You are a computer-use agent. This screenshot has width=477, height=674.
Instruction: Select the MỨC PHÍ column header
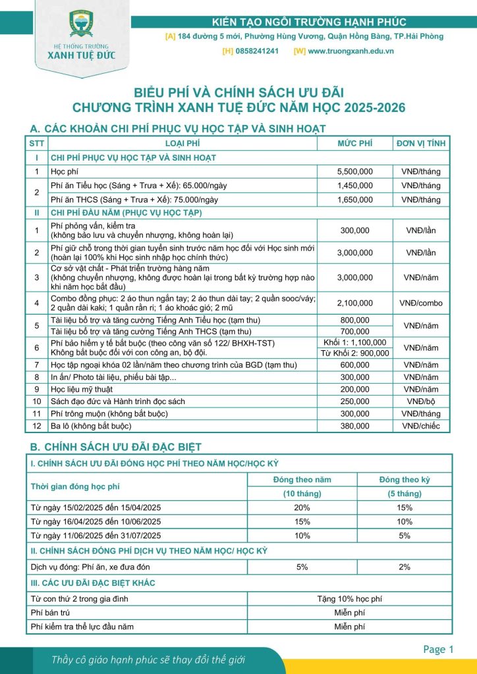point(355,143)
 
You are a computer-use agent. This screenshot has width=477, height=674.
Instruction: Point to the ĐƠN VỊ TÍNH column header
point(421,143)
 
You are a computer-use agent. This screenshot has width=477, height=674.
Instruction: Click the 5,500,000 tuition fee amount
point(355,172)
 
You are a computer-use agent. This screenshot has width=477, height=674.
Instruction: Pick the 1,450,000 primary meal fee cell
point(355,186)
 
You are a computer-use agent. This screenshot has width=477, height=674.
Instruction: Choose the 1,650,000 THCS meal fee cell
point(355,199)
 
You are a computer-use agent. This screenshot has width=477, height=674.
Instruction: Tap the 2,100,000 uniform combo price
point(355,303)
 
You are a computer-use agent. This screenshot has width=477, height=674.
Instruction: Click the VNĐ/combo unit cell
point(421,303)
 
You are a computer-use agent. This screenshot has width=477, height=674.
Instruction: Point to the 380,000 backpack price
point(355,426)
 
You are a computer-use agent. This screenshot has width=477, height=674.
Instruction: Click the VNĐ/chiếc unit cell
point(421,426)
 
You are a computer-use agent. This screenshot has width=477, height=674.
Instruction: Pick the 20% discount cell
point(302,507)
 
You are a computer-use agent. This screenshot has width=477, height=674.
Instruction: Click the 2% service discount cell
point(405,566)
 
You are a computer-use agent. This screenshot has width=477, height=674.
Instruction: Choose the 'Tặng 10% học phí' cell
point(349,599)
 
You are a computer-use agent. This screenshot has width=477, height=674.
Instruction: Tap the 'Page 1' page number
point(439,650)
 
